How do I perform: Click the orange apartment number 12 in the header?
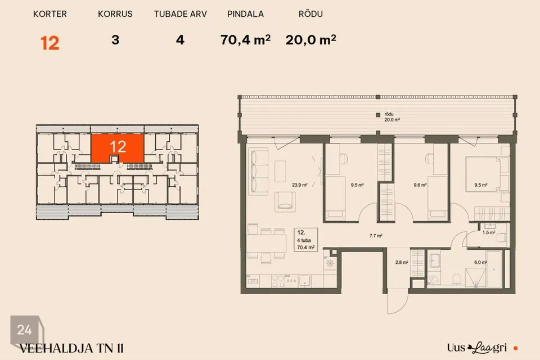coord(50,43)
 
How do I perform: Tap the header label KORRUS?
coord(115,14)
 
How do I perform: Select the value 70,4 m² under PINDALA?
coord(245,40)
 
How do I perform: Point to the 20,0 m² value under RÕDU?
coord(310,40)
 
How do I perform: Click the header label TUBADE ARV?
coord(180,14)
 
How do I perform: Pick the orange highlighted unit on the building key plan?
coord(118,148)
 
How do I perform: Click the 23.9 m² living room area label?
coord(300,185)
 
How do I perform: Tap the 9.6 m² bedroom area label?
coord(420,185)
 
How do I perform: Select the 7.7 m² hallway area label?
coord(376,236)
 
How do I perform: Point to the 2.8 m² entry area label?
coord(402,263)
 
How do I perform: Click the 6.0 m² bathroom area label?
coord(480,263)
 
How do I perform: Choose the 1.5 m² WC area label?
coord(489,232)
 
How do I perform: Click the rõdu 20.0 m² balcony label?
coord(392,117)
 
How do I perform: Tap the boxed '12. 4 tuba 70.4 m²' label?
coord(306,240)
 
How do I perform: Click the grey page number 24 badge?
coord(25,330)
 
